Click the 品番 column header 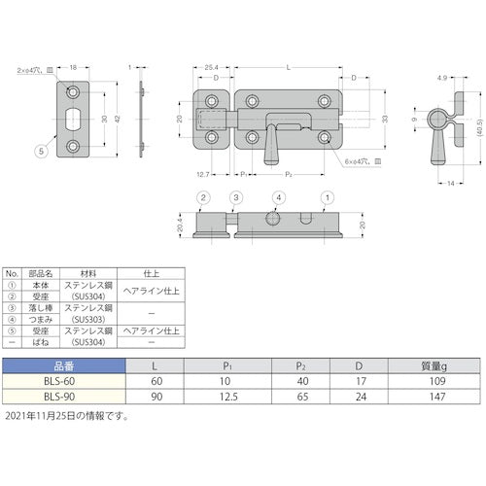[63, 366]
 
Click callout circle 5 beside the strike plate [41, 152]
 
